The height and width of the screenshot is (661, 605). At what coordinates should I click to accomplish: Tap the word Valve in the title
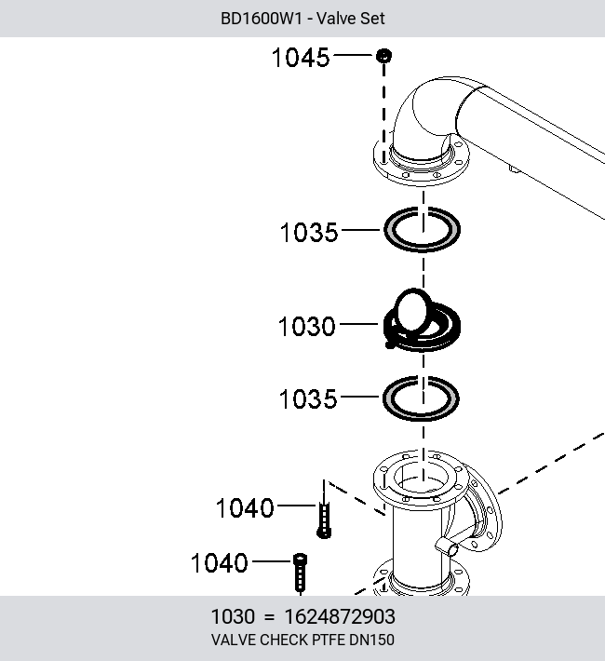coord(333,19)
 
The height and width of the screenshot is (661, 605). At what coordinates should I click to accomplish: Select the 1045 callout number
coord(301,58)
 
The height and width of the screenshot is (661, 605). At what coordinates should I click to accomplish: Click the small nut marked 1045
coord(383,56)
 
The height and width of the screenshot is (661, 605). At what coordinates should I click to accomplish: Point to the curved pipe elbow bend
coord(425,114)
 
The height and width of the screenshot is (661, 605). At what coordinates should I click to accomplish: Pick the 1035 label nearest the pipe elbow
coord(309,232)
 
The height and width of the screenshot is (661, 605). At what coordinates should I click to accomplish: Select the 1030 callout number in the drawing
coord(306,327)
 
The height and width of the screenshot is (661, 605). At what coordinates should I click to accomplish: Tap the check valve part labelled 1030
coord(422,320)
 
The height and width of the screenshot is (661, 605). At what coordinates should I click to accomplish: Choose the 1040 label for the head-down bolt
coord(245,508)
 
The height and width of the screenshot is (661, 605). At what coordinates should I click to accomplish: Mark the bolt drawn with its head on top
coord(300,573)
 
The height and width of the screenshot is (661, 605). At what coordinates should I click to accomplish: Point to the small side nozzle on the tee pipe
coord(447,546)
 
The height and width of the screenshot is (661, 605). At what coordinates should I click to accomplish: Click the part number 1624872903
coord(340,616)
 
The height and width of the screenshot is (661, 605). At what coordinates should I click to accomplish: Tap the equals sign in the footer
coord(269,617)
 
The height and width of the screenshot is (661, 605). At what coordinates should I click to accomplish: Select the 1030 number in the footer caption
coord(233,616)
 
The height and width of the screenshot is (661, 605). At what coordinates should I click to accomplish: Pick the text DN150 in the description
coord(371,640)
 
